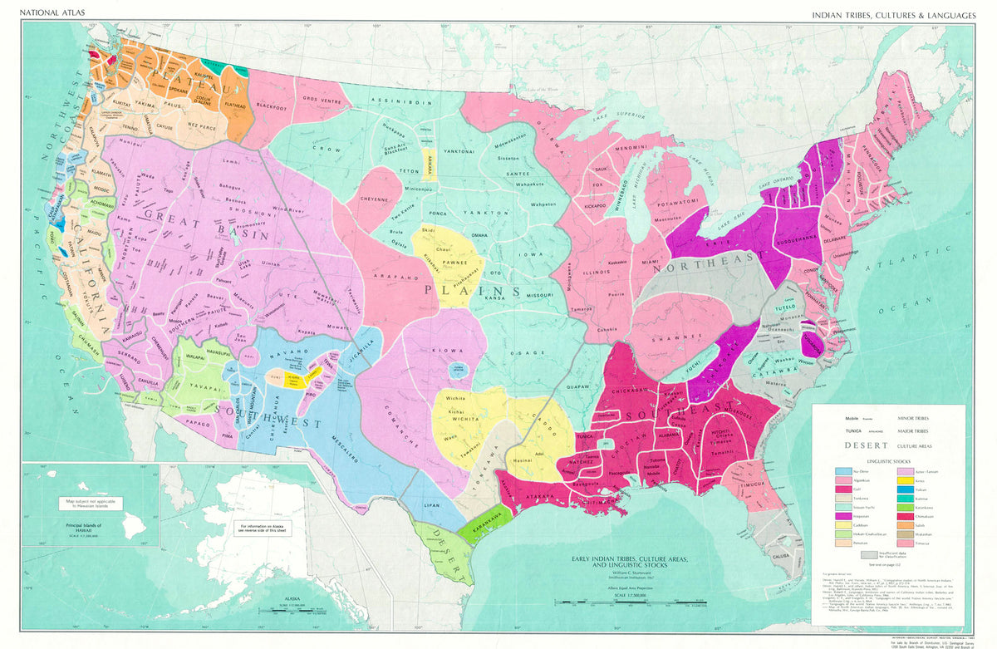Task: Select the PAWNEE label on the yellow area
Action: point(454,263)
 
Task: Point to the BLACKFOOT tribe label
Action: point(272,106)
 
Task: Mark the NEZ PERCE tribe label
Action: point(202,127)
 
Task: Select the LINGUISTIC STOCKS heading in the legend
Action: point(890,460)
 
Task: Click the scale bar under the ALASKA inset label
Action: point(290,612)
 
